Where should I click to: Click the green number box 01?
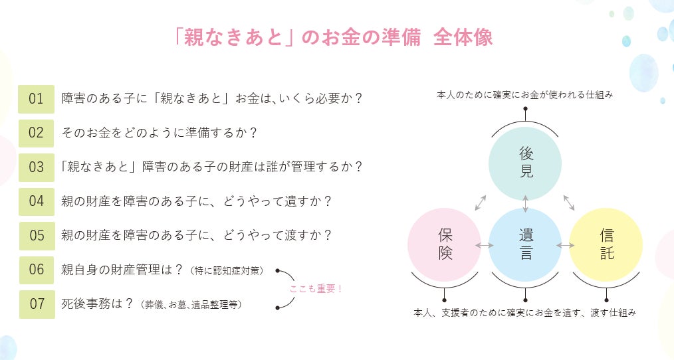click(x=36, y=99)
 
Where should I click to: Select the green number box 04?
click(x=36, y=201)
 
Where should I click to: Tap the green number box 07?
click(x=36, y=304)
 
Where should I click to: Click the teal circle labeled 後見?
click(x=525, y=163)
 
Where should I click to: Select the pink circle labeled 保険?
click(x=444, y=244)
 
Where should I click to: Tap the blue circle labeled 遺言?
click(x=525, y=244)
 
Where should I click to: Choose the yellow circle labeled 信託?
click(x=606, y=244)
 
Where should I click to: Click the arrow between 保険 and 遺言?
click(x=485, y=245)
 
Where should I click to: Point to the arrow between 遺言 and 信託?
click(x=566, y=245)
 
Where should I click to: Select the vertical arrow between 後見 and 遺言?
click(x=525, y=204)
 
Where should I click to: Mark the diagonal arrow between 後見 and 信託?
click(x=569, y=203)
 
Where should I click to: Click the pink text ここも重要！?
click(x=316, y=289)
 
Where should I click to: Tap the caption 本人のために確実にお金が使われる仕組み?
click(x=524, y=96)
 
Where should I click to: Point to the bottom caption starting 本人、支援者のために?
click(x=524, y=312)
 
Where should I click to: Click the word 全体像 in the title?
click(x=463, y=38)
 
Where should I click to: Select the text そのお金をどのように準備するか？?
click(x=159, y=133)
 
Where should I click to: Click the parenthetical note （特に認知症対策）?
click(x=226, y=270)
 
